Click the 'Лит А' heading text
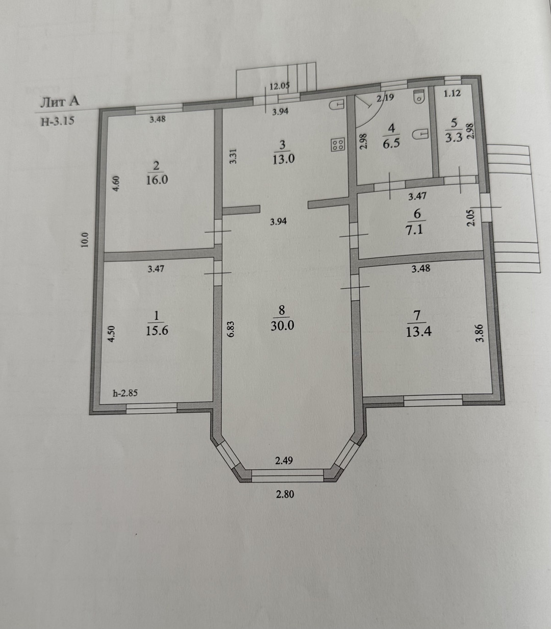(60, 102)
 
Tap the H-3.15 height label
(58, 121)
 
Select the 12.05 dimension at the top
(280, 86)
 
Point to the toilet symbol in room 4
(418, 96)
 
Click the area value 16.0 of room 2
(157, 180)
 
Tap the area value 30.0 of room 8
(282, 326)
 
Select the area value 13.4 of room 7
(419, 332)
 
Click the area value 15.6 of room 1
(157, 331)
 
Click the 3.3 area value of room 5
(454, 137)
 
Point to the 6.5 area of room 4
(391, 143)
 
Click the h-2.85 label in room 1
(125, 393)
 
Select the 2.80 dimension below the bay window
(285, 494)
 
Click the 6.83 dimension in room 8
(231, 329)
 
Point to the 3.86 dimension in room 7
(482, 333)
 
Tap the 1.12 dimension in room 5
(453, 93)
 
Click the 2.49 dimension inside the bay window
(284, 461)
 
